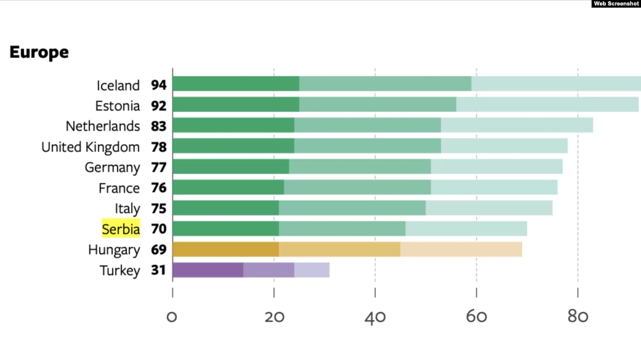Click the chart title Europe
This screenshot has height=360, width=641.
39,53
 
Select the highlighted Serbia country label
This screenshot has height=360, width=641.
121,230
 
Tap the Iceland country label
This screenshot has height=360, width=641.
118,85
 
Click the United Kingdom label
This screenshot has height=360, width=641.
91,147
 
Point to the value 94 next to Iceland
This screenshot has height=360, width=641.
159,85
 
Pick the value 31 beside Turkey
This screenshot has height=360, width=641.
159,271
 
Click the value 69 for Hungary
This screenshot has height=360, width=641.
159,250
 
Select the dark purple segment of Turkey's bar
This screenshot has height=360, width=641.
208,270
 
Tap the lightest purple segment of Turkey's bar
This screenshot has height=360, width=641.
312,270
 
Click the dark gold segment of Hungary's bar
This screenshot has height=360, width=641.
225,249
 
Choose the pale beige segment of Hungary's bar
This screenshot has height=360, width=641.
461,249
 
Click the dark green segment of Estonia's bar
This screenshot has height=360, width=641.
236,105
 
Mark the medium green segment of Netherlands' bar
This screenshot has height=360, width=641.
368,126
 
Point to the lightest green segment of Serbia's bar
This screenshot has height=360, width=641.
466,229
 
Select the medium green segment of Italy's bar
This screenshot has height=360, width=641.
352,208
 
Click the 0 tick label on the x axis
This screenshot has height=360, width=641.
172,317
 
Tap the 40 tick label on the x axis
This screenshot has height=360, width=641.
375,317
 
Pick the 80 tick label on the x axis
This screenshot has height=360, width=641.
578,317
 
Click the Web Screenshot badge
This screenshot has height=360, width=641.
616,4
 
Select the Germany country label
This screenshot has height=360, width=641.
112,167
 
